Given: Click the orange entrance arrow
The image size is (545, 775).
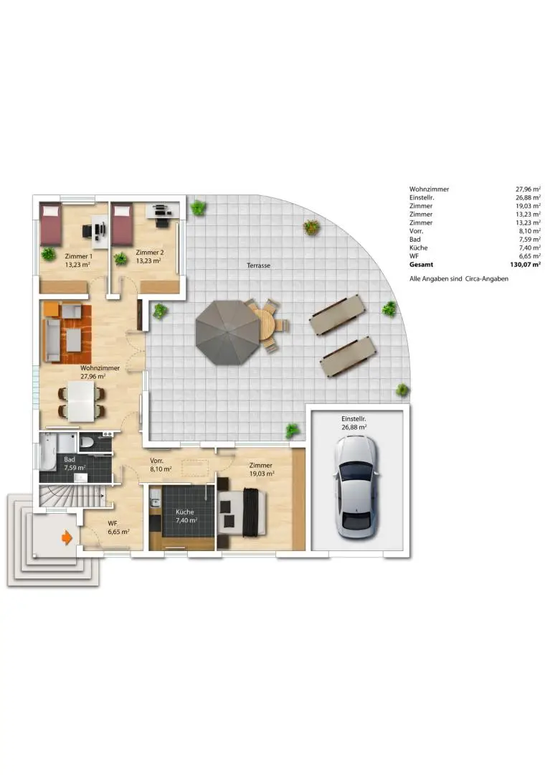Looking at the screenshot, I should pos(67,537).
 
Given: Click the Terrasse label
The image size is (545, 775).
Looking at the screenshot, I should pos(257,266).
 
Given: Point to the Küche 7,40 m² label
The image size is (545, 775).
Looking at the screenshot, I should pos(185,517).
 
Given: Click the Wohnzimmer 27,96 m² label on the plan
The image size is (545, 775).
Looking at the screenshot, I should pos(93,372).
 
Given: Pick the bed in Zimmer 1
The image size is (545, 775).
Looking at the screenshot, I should pos(50,224).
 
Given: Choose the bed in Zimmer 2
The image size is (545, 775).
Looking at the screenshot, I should pos(123,224).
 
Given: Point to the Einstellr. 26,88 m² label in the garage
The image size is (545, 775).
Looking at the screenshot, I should pos(354,422).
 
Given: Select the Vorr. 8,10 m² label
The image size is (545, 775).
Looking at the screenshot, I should pos(160,465).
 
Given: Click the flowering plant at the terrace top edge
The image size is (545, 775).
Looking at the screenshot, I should pos(311,227).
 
